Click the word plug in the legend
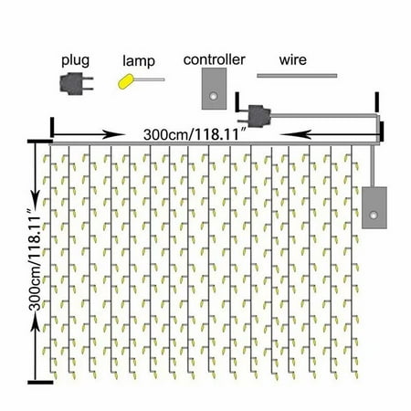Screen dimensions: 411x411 [x=75, y=60]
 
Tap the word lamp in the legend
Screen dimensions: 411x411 [x=139, y=61]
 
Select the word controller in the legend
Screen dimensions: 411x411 [x=214, y=59]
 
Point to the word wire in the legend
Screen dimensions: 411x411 [x=293, y=59]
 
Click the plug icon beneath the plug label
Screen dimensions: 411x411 [x=76, y=83]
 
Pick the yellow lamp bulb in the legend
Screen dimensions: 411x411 [x=125, y=81]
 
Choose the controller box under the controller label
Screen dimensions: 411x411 [x=214, y=89]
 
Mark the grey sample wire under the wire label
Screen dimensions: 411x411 [x=297, y=76]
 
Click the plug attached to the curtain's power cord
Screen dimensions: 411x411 [x=258, y=116]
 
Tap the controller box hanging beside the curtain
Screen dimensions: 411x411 [x=374, y=208]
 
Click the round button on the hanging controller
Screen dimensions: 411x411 [x=374, y=216]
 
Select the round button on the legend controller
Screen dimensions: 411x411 [x=213, y=96]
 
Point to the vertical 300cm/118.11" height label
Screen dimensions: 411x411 [x=34, y=259]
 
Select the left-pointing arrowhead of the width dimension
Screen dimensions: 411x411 [x=291, y=134]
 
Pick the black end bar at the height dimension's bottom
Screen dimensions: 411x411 [x=40, y=383]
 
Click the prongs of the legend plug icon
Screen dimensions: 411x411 [x=89, y=83]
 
